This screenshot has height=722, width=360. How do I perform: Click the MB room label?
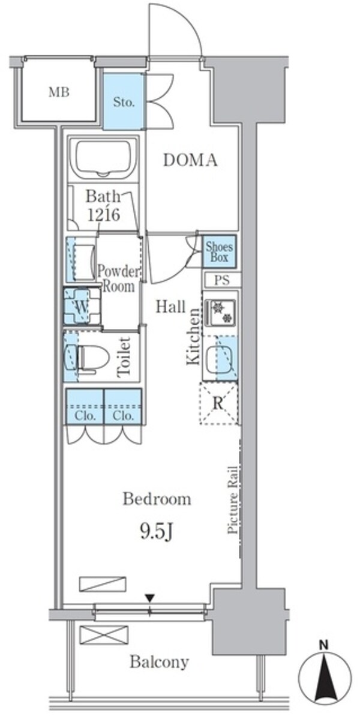click(x=59, y=93)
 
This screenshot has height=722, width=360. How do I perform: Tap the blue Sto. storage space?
click(x=124, y=101)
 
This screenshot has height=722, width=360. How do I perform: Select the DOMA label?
click(x=190, y=160)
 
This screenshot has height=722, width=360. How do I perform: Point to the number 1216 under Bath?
click(x=104, y=214)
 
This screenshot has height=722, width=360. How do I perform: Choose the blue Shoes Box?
click(x=219, y=251)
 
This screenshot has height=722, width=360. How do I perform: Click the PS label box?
click(x=223, y=280)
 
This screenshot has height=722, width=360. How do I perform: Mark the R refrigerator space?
click(x=219, y=403)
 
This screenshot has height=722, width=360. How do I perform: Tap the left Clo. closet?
click(x=85, y=406)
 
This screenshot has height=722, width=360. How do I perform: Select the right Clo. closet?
click(x=123, y=406)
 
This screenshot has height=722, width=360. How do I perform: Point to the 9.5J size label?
click(x=157, y=532)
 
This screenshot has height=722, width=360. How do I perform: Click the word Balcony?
click(x=159, y=660)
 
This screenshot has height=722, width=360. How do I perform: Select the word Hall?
click(x=170, y=307)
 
